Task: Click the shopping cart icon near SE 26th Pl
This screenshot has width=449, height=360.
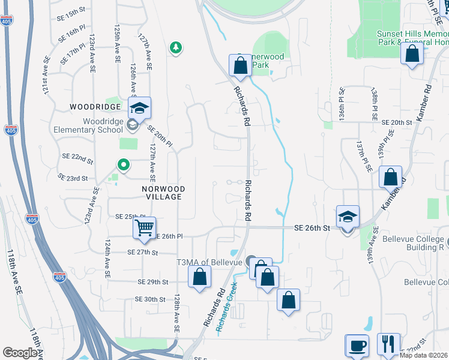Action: [x=144, y=228]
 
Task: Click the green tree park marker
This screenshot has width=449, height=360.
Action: [x=175, y=47]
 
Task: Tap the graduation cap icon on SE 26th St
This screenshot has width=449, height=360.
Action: [x=348, y=217]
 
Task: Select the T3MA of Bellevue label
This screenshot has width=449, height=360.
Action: [x=209, y=262]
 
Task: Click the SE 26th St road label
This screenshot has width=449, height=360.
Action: [x=312, y=229]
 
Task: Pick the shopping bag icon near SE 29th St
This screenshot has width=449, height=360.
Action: [x=200, y=277]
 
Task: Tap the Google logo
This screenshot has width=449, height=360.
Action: [x=20, y=353]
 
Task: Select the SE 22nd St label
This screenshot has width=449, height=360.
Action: [x=77, y=158]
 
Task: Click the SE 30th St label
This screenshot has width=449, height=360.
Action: [x=150, y=299]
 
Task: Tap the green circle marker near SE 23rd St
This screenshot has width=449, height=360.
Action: [x=123, y=164]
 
